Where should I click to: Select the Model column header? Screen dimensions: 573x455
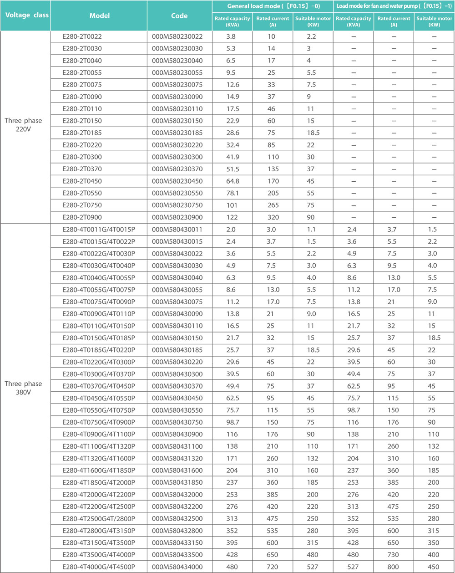tap(99, 15)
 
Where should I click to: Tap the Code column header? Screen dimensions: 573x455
tap(179, 15)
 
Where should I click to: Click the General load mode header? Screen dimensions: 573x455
tap(273, 6)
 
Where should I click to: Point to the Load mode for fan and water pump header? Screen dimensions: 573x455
tap(394, 6)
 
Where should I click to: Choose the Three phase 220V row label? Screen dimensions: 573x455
tap(23, 124)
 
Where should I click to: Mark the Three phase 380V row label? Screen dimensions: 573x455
tap(23, 388)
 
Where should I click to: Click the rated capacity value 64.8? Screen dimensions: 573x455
tap(232, 181)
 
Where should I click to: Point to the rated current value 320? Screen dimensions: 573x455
tap(273, 217)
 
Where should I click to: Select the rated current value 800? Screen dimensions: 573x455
tap(394, 567)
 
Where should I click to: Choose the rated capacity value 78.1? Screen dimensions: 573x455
tap(232, 193)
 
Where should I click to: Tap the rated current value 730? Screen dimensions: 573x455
tap(394, 555)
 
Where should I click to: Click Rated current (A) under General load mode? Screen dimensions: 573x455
tap(273, 21)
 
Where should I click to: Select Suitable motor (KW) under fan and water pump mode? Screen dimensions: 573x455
tap(434, 21)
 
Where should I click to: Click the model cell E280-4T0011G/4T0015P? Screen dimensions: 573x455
tap(99, 230)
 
